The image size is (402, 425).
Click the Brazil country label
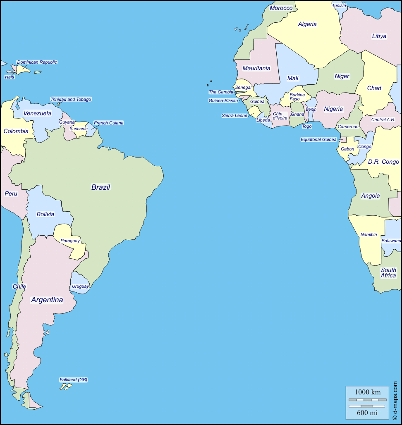click(101, 187)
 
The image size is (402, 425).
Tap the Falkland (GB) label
click(74, 380)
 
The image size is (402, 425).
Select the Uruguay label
click(80, 286)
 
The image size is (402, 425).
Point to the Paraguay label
click(70, 241)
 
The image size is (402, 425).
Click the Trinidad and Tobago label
click(71, 99)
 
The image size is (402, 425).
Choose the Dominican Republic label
click(37, 62)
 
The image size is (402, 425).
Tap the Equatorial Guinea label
click(318, 139)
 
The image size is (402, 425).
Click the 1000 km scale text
click(368, 392)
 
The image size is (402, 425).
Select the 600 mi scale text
click(367, 413)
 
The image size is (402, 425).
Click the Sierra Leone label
click(234, 115)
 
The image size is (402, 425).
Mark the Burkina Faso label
click(297, 97)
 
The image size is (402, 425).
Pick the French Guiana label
click(108, 123)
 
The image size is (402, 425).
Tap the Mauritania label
click(256, 68)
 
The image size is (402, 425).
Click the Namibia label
click(368, 234)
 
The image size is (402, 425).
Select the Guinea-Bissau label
click(223, 100)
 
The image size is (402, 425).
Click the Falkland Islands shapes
click(65, 387)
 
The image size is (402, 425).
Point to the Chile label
click(19, 286)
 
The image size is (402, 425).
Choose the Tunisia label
click(339, 5)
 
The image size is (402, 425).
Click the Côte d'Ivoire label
click(280, 116)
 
